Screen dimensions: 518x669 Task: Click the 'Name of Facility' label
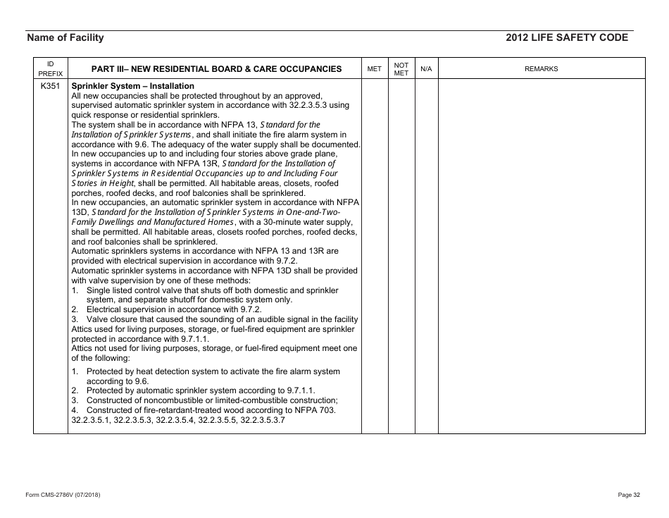[65, 38]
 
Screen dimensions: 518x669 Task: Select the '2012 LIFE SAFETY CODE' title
[566, 38]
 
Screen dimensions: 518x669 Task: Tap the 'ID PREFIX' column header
[50, 68]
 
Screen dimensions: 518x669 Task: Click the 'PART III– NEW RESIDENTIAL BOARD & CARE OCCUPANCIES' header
[217, 69]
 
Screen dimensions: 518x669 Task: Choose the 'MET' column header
[375, 69]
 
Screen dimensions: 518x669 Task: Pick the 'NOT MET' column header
[401, 68]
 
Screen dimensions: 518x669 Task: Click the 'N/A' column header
[426, 69]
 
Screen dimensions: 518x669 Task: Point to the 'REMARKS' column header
[541, 69]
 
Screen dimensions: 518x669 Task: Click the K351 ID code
[50, 87]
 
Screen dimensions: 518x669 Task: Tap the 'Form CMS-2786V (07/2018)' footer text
[63, 495]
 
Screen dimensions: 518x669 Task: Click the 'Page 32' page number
[628, 495]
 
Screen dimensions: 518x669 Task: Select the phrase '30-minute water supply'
[299, 222]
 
